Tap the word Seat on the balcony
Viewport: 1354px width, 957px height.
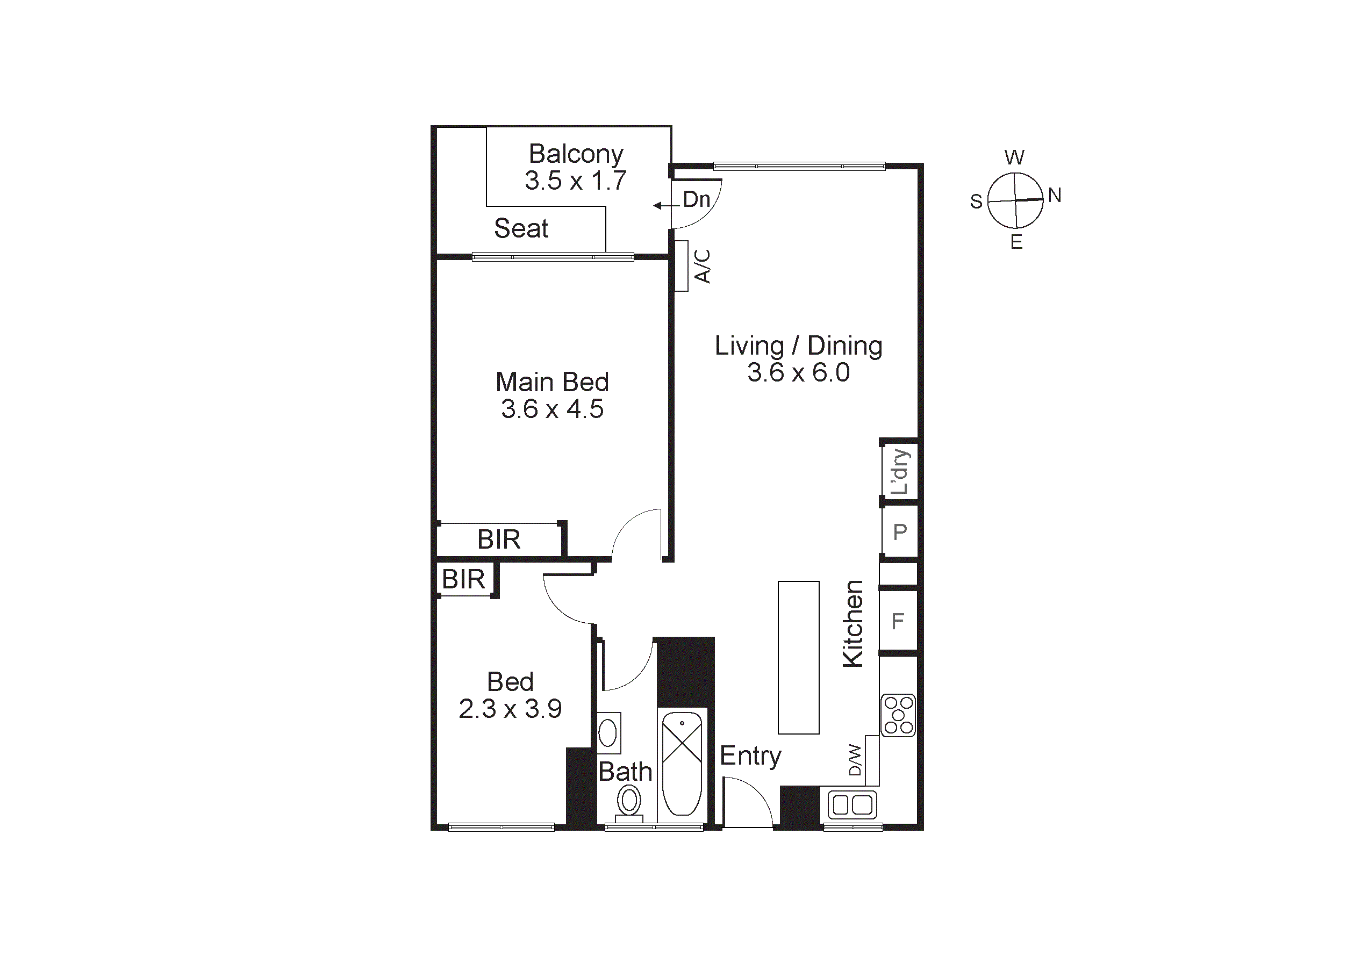(521, 229)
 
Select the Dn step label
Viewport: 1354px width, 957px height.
(696, 200)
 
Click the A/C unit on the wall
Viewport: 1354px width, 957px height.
(681, 266)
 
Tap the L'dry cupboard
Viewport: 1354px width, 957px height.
(899, 472)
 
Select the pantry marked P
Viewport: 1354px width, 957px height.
(899, 533)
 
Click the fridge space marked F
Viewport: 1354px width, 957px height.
(898, 622)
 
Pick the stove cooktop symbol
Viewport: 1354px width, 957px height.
(898, 715)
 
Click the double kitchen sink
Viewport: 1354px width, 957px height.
(852, 805)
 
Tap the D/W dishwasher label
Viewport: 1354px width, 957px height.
(855, 760)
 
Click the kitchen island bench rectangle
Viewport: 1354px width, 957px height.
(799, 658)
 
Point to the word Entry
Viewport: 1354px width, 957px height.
(750, 756)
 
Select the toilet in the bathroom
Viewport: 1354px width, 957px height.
(629, 802)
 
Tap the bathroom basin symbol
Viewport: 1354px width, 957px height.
(608, 733)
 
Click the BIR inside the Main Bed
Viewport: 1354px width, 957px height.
(499, 539)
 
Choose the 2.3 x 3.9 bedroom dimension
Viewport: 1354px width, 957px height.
(510, 709)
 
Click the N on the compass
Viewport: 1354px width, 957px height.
(1055, 195)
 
